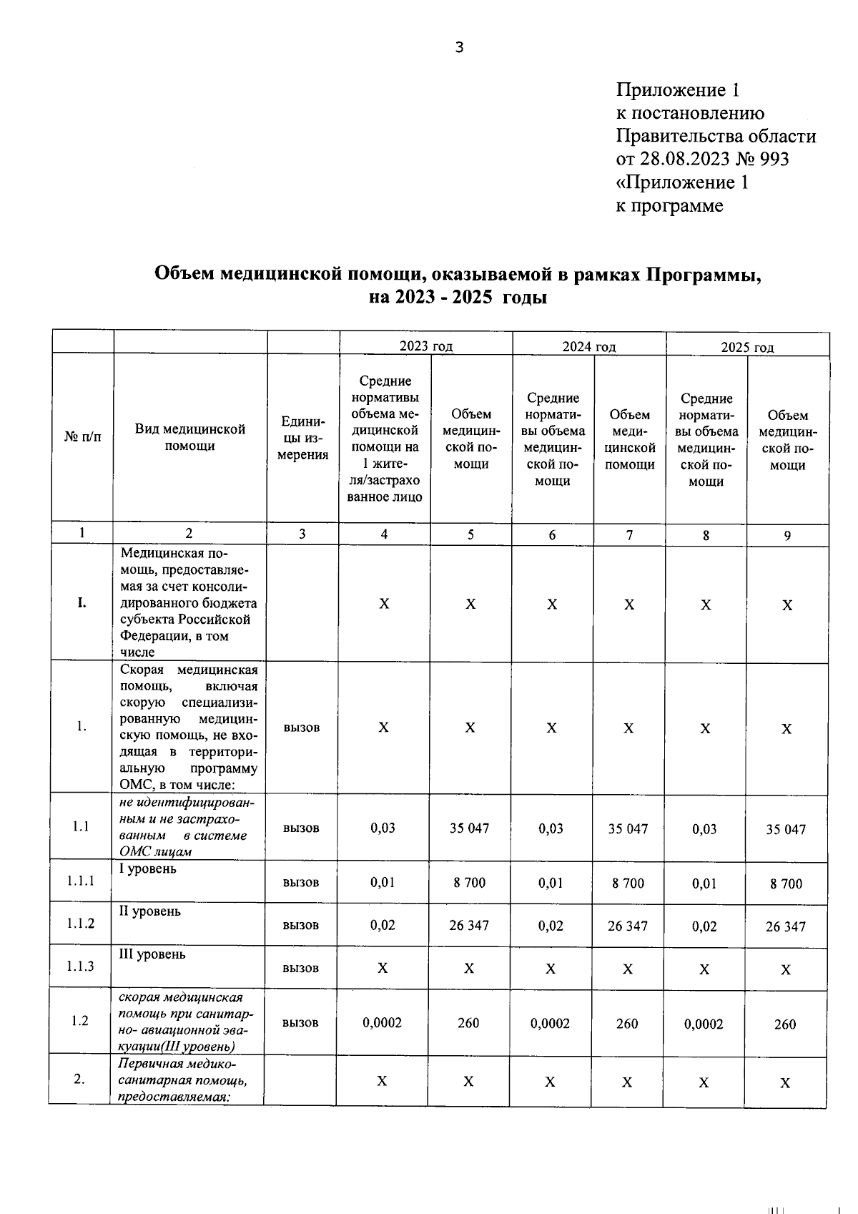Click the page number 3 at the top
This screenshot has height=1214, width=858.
pyautogui.click(x=459, y=48)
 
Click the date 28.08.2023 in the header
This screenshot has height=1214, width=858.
pyautogui.click(x=689, y=159)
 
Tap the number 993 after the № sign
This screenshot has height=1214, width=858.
pyautogui.click(x=775, y=159)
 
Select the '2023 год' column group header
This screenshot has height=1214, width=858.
pyautogui.click(x=426, y=346)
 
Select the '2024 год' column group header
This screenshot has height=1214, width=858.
pyautogui.click(x=588, y=347)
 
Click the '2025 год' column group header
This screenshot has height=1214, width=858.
pyautogui.click(x=747, y=348)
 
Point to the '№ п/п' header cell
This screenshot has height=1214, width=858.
pyautogui.click(x=82, y=436)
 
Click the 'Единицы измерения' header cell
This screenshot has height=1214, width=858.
pyautogui.click(x=302, y=438)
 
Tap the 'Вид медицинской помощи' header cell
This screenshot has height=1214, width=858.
pyautogui.click(x=189, y=436)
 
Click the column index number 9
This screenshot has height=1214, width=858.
pyautogui.click(x=787, y=535)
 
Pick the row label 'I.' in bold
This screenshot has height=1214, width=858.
pyautogui.click(x=82, y=603)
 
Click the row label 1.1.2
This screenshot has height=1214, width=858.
pyautogui.click(x=81, y=924)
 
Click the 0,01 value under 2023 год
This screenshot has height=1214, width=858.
pyautogui.click(x=383, y=883)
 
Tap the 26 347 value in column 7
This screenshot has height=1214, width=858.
pyautogui.click(x=628, y=926)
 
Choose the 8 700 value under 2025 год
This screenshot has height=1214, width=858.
pyautogui.click(x=786, y=883)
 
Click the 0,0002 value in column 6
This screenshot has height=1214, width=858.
pyautogui.click(x=550, y=1023)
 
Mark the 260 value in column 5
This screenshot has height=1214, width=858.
pyautogui.click(x=468, y=1023)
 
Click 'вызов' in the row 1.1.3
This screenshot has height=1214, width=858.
pyautogui.click(x=301, y=968)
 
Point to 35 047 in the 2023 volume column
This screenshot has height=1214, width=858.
pyautogui.click(x=469, y=828)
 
